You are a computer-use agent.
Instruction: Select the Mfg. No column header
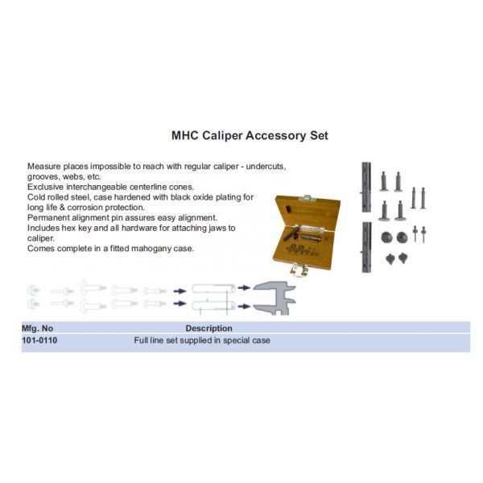pyautogui.click(x=37, y=328)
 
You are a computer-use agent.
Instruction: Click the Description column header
pyautogui.click(x=208, y=328)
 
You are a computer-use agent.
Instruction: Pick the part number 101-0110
pyautogui.click(x=39, y=341)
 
